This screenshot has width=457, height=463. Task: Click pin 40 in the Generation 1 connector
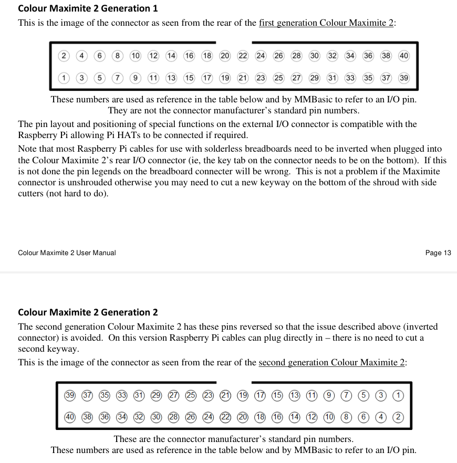[x=403, y=56]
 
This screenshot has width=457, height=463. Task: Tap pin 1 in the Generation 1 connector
[x=64, y=78]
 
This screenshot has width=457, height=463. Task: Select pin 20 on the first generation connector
[x=225, y=56]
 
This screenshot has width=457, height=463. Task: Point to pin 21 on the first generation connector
[x=243, y=78]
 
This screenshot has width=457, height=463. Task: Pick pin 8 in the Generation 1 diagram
[x=118, y=56]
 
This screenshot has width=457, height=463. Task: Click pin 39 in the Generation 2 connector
[x=69, y=395]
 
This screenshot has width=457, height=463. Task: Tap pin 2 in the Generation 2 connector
[x=398, y=417]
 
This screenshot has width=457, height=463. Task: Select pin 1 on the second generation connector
[x=398, y=395]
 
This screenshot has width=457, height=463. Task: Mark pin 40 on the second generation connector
[x=69, y=417]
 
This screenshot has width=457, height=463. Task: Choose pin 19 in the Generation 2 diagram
[x=243, y=395]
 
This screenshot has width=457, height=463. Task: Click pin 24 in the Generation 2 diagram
[x=208, y=417]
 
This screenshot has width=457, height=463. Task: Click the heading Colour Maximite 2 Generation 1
[x=88, y=8]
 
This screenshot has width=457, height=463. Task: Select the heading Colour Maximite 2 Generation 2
[x=88, y=312]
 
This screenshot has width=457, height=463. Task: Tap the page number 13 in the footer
[x=438, y=253]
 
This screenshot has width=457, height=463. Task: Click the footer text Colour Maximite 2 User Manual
[x=67, y=253]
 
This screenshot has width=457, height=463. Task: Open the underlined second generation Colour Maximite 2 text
[x=332, y=363]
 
